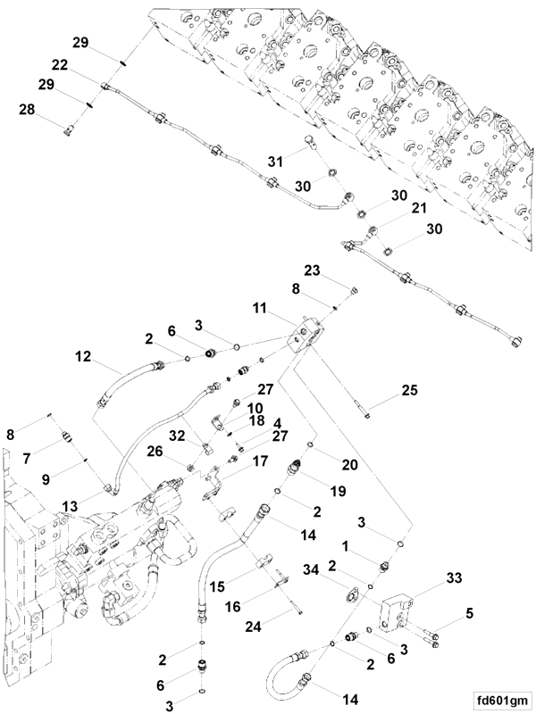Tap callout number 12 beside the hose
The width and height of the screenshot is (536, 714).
83,355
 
